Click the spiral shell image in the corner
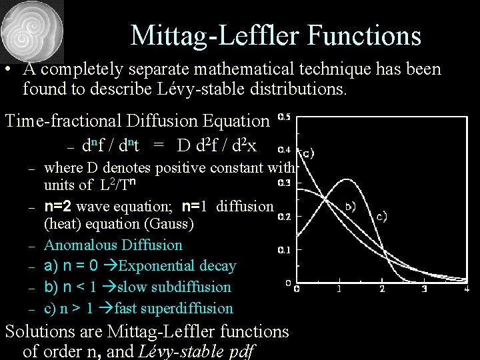click(32, 31)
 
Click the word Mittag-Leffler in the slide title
click(207, 35)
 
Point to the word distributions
click(288, 89)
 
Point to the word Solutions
click(47, 331)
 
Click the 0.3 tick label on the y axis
click(284, 183)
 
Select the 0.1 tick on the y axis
click(284, 250)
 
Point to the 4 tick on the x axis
click(467, 289)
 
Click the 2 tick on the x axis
click(382, 289)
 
